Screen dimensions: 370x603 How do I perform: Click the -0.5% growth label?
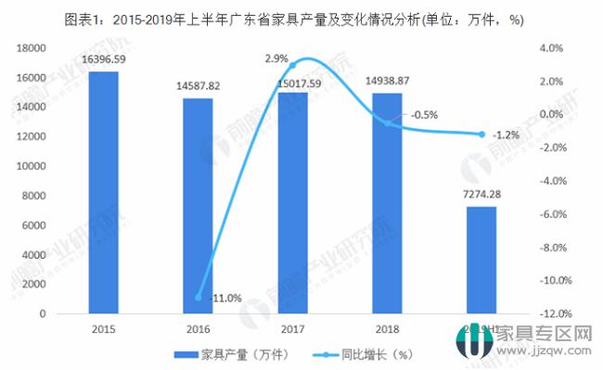423,115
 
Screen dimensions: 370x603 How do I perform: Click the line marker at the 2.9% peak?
292,66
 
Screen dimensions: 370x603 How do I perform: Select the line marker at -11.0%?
198,298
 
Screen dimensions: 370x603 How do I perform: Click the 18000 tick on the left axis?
33,47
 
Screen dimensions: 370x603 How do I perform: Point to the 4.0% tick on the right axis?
552,47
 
